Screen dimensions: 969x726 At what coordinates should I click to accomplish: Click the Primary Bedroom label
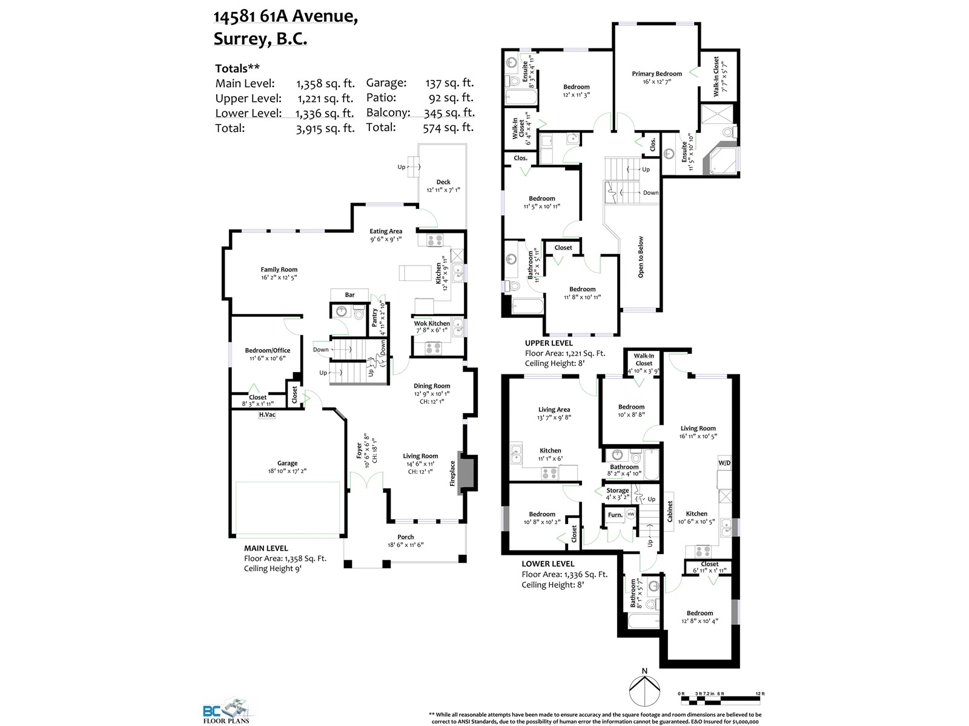click(656, 74)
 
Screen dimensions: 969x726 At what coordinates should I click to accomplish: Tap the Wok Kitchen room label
click(432, 323)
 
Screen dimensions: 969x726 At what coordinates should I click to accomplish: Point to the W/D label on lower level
click(724, 463)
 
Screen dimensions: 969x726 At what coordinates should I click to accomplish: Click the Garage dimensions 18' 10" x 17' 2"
click(287, 471)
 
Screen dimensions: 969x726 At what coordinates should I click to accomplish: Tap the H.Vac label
click(267, 414)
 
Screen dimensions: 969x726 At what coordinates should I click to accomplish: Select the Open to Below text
click(641, 257)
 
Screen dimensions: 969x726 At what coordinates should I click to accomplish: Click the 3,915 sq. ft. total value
click(325, 128)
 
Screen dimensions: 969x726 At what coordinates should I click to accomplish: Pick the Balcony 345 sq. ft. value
click(449, 113)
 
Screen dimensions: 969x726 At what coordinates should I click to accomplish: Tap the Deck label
click(443, 181)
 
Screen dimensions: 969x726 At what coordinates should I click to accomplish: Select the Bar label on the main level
click(349, 295)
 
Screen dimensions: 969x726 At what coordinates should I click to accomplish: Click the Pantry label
click(374, 318)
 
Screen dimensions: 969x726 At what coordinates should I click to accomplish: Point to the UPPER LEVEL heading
click(549, 343)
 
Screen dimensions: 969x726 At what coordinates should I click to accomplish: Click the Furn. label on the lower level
click(615, 515)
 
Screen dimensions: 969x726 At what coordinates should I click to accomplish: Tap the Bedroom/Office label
click(268, 350)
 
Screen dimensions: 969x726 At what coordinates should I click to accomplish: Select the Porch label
click(405, 537)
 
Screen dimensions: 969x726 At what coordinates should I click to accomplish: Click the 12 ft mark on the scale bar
click(759, 693)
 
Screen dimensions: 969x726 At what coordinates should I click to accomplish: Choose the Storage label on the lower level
click(617, 490)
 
